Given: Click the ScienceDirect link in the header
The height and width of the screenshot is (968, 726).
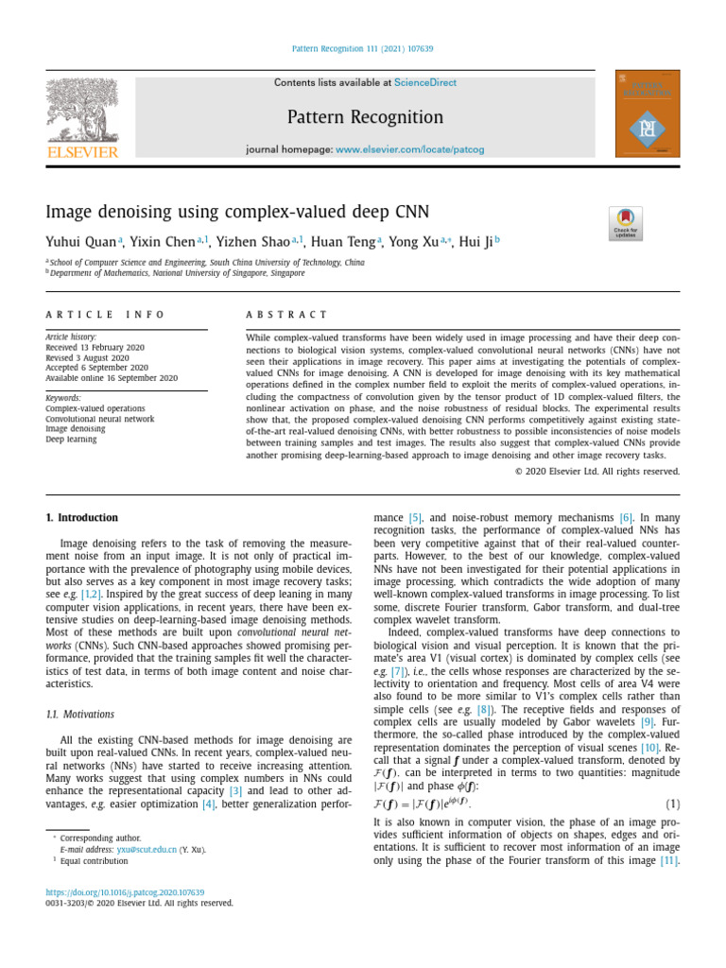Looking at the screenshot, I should coord(424,83).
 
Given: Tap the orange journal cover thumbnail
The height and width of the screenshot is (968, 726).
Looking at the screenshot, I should coord(647,113).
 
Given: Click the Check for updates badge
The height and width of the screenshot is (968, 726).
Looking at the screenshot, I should coord(626,223).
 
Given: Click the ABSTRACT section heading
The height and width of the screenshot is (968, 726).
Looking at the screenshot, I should coord(286,315).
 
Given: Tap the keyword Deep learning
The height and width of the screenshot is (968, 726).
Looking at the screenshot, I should coord(71,439).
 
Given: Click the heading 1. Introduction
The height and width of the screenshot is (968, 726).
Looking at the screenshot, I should coord(82,518).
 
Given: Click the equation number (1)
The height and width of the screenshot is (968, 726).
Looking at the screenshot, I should coord(672,804).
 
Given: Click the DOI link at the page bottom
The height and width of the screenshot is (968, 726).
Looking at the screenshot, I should coord(126,891).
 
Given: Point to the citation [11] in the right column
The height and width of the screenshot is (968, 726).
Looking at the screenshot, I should coord(668,861).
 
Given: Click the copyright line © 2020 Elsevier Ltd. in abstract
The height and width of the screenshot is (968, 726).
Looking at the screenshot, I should coord(596,471).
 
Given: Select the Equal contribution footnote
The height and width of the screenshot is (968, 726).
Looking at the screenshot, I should coord(93,861).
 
